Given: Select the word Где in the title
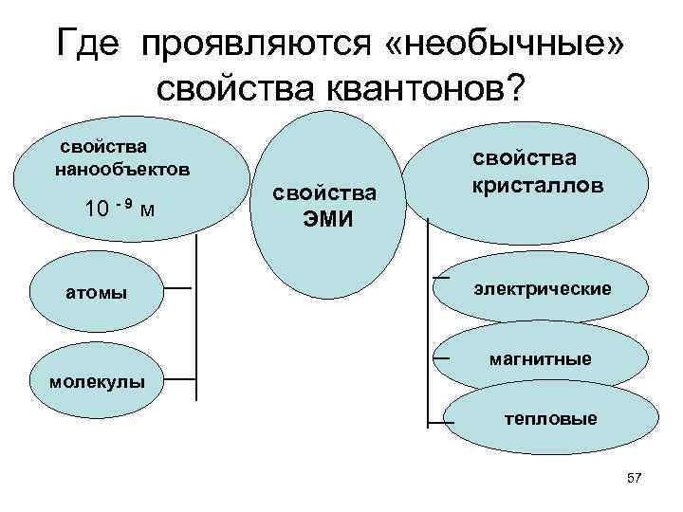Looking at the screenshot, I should [90, 42].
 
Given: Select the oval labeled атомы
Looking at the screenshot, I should [95, 291].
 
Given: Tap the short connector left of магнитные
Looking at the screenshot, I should [440, 358].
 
